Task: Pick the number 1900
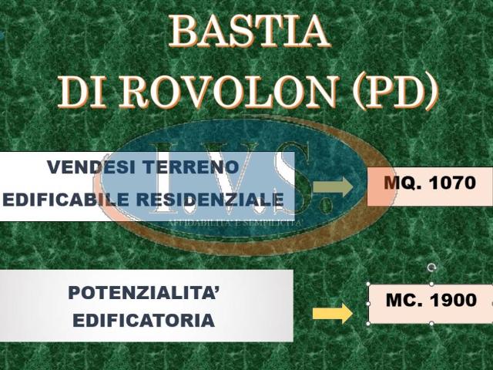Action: (453, 301)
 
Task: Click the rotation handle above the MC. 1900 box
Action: (431, 267)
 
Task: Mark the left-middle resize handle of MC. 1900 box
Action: (368, 303)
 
